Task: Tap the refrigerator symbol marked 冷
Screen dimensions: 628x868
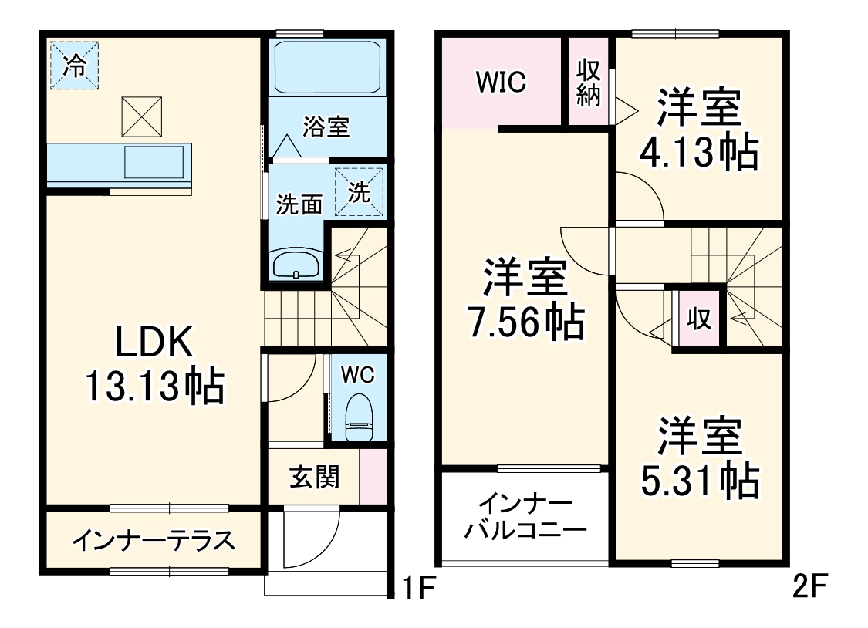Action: tap(75, 66)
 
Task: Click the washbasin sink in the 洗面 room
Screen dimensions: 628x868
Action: tap(296, 265)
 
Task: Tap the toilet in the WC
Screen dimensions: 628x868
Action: tap(357, 417)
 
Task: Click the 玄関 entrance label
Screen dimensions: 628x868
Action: tap(314, 478)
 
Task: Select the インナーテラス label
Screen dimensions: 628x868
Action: tap(154, 541)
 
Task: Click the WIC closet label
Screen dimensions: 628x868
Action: tap(500, 82)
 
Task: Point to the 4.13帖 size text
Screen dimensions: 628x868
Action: tap(697, 153)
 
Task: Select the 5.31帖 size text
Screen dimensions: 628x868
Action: tap(699, 480)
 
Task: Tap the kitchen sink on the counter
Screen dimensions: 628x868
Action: tap(154, 163)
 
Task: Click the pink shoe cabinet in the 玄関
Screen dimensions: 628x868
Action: tap(371, 478)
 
